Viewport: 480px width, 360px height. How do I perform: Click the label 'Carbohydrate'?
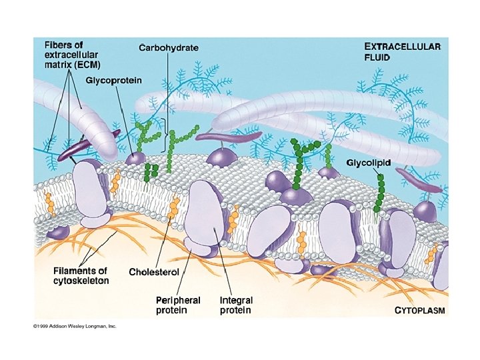[x=169, y=47]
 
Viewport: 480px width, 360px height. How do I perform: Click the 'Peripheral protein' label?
[x=178, y=305]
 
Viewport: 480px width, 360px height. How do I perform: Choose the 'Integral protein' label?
[x=235, y=305]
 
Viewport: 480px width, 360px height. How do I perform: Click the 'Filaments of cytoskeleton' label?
[x=81, y=275]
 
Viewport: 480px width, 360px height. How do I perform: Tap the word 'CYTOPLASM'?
[x=420, y=310]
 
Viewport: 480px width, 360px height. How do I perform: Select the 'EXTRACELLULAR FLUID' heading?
[x=402, y=51]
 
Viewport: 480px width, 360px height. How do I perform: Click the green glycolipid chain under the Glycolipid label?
[x=380, y=193]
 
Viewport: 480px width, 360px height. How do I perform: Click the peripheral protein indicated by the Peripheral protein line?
[x=197, y=248]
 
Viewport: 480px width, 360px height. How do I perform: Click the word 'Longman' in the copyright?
[x=100, y=326]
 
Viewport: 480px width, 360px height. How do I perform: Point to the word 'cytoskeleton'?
[x=81, y=281]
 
